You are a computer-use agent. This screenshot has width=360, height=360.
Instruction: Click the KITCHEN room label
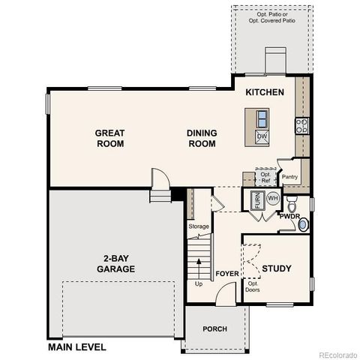point(265,92)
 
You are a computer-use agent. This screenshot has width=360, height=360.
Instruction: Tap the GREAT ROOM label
point(109,138)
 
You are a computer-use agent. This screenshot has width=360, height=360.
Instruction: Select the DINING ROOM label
point(202,138)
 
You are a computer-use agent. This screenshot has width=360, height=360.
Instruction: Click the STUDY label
point(277,268)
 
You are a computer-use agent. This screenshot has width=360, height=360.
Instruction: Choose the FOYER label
point(227,274)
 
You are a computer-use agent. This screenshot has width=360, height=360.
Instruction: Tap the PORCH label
point(214,328)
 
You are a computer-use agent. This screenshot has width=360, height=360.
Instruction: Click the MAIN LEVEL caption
point(76,347)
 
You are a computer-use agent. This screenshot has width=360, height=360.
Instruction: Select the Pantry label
point(290,177)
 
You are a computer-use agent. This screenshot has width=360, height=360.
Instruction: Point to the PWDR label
point(289,216)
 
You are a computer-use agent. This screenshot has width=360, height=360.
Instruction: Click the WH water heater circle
point(272,198)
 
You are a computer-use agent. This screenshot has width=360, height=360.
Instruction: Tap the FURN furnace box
point(256,200)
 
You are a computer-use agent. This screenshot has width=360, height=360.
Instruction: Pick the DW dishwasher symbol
point(262,136)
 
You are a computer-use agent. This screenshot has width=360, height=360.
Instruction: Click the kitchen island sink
point(262,118)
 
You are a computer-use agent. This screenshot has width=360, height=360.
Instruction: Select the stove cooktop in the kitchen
point(301,125)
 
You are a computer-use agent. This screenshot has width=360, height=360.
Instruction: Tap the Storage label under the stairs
point(199,226)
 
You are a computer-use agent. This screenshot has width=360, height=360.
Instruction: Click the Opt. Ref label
point(265,177)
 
